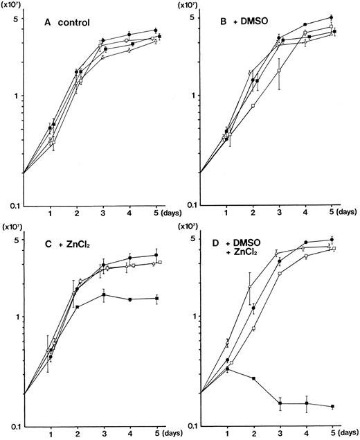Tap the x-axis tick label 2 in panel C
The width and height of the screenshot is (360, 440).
(77, 434)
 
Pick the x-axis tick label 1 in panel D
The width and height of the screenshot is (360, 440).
(227, 434)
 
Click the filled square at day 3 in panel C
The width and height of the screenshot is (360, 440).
(103, 294)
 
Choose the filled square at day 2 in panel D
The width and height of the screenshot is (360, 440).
(253, 378)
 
